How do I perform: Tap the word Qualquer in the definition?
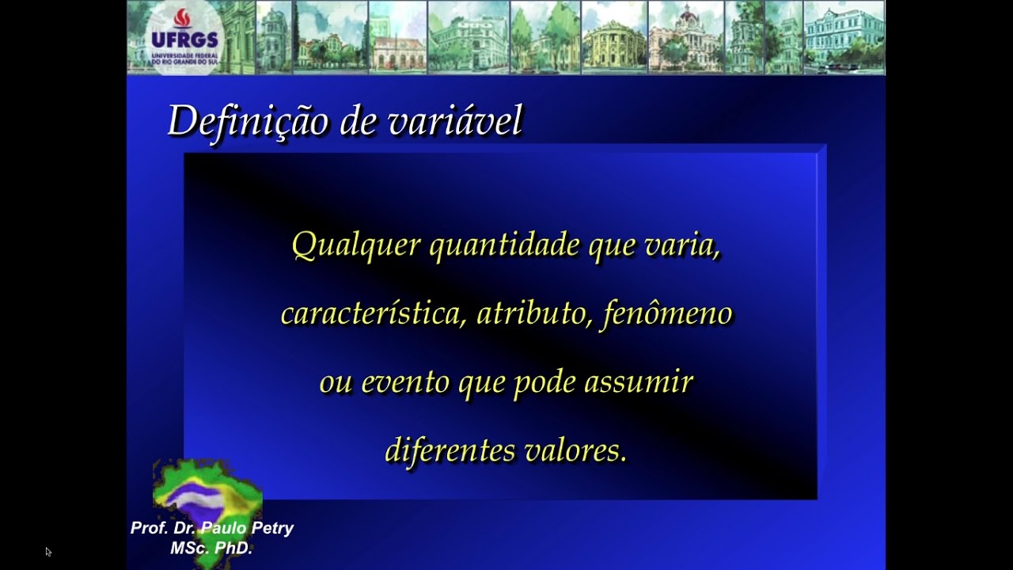355,245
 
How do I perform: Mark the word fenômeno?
667,313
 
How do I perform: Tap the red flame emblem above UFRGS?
183,18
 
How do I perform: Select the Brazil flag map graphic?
207,495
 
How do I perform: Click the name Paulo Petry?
247,528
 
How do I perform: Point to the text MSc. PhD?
211,547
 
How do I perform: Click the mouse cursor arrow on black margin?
48,552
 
